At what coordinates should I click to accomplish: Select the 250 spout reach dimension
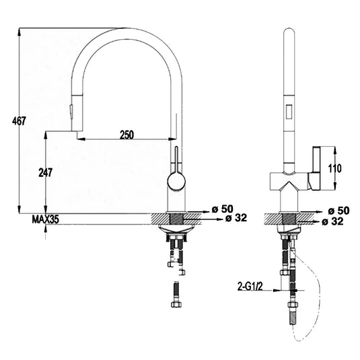(x=127, y=135)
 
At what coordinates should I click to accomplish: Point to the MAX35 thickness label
(x=45, y=218)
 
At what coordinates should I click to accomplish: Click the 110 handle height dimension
(x=335, y=169)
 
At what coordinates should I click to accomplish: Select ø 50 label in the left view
(x=223, y=209)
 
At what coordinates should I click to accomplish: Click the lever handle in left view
(x=177, y=158)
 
